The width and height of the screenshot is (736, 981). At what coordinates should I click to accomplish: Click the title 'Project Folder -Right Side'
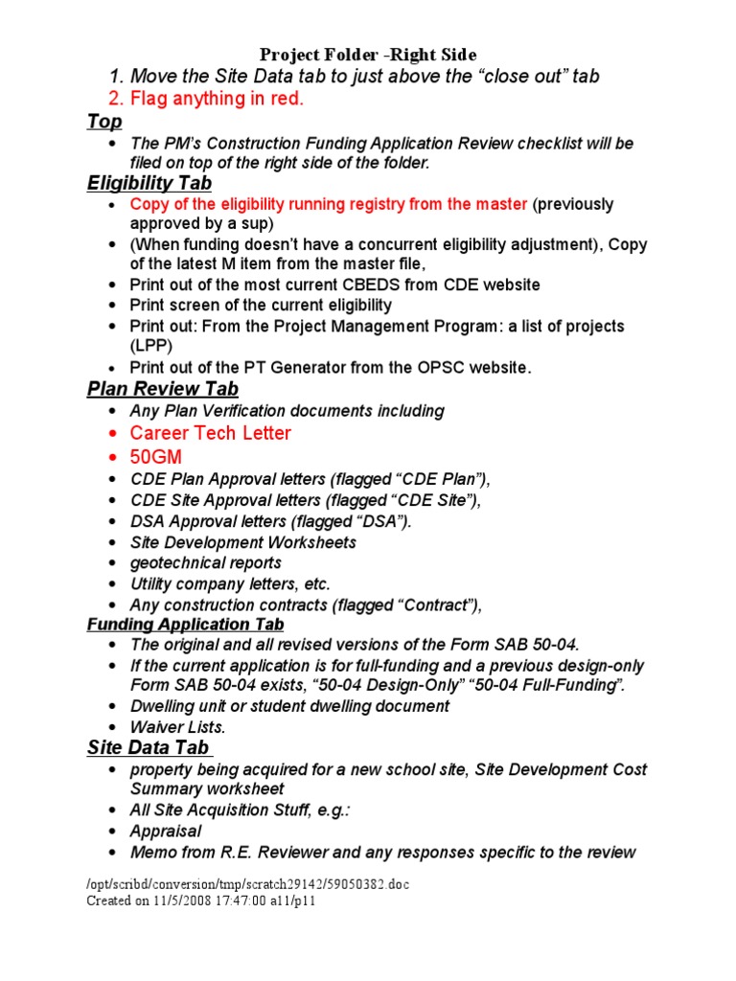tap(369, 55)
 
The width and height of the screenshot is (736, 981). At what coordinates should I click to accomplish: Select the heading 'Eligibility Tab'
tap(149, 182)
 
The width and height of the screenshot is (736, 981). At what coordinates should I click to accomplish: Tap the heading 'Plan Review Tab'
tap(163, 388)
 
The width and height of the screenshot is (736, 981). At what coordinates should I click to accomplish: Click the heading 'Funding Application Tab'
tap(186, 625)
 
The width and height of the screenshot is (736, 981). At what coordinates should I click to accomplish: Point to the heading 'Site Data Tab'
tap(149, 747)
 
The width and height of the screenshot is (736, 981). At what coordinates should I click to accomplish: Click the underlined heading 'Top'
tap(104, 121)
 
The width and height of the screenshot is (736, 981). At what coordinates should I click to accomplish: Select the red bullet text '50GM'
tap(156, 457)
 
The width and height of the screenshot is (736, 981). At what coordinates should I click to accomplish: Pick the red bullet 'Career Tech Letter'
tap(211, 433)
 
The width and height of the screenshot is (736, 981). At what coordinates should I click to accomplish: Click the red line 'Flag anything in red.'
tap(207, 98)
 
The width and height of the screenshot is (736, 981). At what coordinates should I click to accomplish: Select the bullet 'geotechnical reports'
tap(206, 562)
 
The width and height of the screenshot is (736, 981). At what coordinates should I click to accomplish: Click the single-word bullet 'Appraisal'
tap(166, 831)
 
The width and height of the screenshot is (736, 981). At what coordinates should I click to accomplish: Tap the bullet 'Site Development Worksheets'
tap(243, 542)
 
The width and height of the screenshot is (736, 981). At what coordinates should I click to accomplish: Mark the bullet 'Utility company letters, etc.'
tap(231, 583)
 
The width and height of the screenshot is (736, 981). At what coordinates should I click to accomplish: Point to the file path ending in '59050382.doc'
tap(247, 884)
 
